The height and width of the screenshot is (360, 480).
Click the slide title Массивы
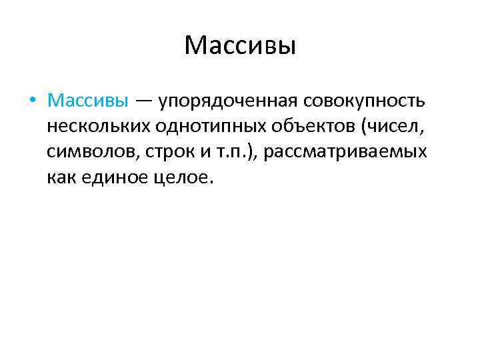pos(239,47)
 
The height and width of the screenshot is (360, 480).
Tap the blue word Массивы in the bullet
pos(88,101)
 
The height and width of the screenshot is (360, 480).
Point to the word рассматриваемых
pos(345,153)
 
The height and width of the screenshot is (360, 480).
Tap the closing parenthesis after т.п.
pos(251,153)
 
